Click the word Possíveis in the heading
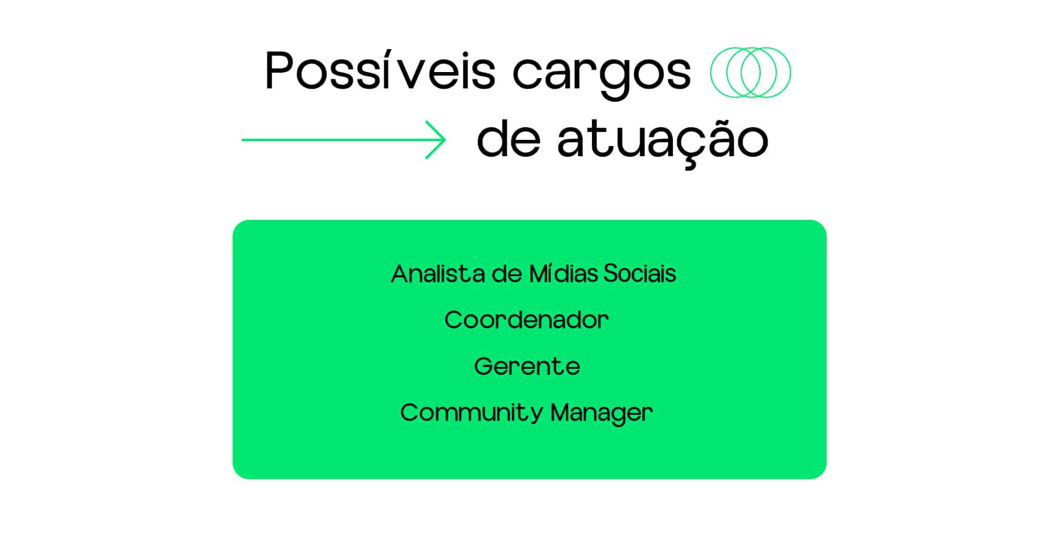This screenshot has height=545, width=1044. [380, 71]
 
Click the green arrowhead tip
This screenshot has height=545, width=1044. [445, 140]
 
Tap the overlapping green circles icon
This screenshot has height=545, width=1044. [750, 72]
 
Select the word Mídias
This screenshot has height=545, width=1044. [563, 274]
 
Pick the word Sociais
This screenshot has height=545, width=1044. [640, 274]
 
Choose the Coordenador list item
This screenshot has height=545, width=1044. [527, 320]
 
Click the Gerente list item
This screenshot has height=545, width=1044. [527, 366]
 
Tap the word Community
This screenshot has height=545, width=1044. [472, 414]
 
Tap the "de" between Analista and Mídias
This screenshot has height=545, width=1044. [507, 274]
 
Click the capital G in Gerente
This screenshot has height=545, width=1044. [484, 366]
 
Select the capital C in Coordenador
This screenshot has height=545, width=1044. [454, 320]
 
